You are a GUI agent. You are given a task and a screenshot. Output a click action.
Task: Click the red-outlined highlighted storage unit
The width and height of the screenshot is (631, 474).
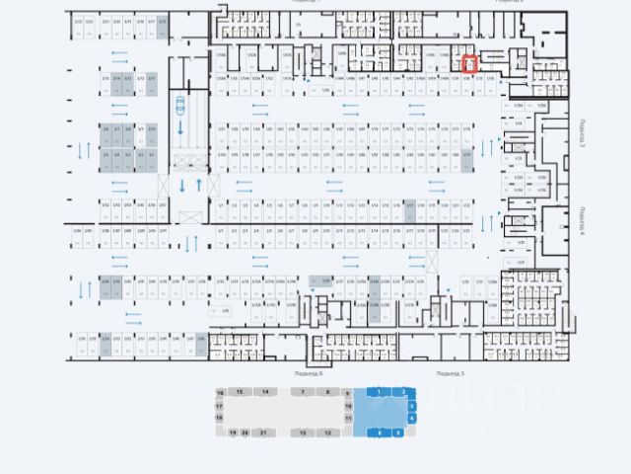click(470, 63)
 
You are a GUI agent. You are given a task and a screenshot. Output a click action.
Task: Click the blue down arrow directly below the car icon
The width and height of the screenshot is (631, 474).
click(182, 126)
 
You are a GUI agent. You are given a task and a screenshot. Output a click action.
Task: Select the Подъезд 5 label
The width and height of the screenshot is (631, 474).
click(450, 373)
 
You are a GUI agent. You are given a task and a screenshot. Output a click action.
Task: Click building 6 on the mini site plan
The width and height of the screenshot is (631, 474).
click(380, 433)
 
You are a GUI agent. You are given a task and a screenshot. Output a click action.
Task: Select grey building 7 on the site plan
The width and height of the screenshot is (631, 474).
click(302, 392)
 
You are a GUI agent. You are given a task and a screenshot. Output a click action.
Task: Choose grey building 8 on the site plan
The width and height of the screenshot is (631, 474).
click(327, 392)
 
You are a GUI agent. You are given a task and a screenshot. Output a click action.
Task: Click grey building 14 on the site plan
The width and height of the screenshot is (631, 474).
click(265, 392)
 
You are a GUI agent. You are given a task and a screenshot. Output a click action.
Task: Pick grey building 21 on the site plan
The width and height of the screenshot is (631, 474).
click(263, 434)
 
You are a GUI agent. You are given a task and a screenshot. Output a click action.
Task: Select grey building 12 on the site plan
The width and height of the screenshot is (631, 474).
click(327, 434)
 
